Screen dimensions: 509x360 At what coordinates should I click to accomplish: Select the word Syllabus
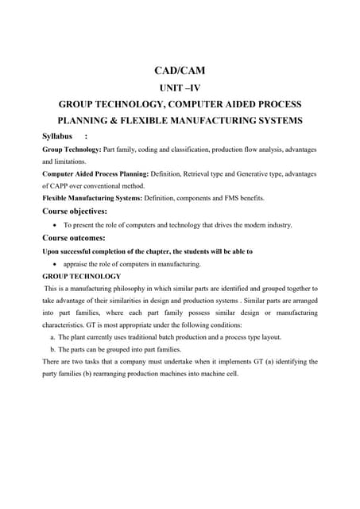(x=57, y=136)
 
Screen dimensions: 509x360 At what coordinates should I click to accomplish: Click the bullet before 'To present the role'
(x=53, y=225)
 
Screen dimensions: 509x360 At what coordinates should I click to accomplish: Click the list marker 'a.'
(x=52, y=338)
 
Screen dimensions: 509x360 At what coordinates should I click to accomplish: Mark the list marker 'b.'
(x=52, y=350)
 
